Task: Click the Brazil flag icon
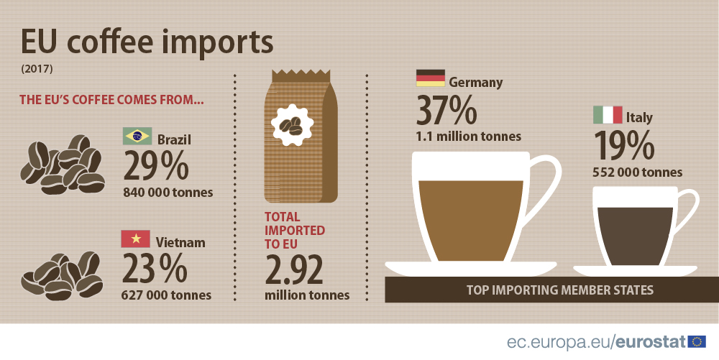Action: [x=137, y=136]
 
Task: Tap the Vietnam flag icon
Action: [x=136, y=239]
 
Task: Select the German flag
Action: [x=431, y=78]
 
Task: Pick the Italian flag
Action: [x=608, y=114]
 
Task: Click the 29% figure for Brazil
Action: [x=156, y=165]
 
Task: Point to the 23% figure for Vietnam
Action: [x=155, y=269]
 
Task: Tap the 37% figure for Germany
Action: [x=447, y=110]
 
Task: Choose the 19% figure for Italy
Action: [x=624, y=146]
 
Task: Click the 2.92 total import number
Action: [x=294, y=270]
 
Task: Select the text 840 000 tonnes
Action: [x=168, y=192]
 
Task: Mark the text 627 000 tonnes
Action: [x=167, y=295]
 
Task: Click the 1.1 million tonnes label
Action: [x=468, y=136]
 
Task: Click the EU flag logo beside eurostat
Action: [x=697, y=341]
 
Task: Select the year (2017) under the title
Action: [x=34, y=70]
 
